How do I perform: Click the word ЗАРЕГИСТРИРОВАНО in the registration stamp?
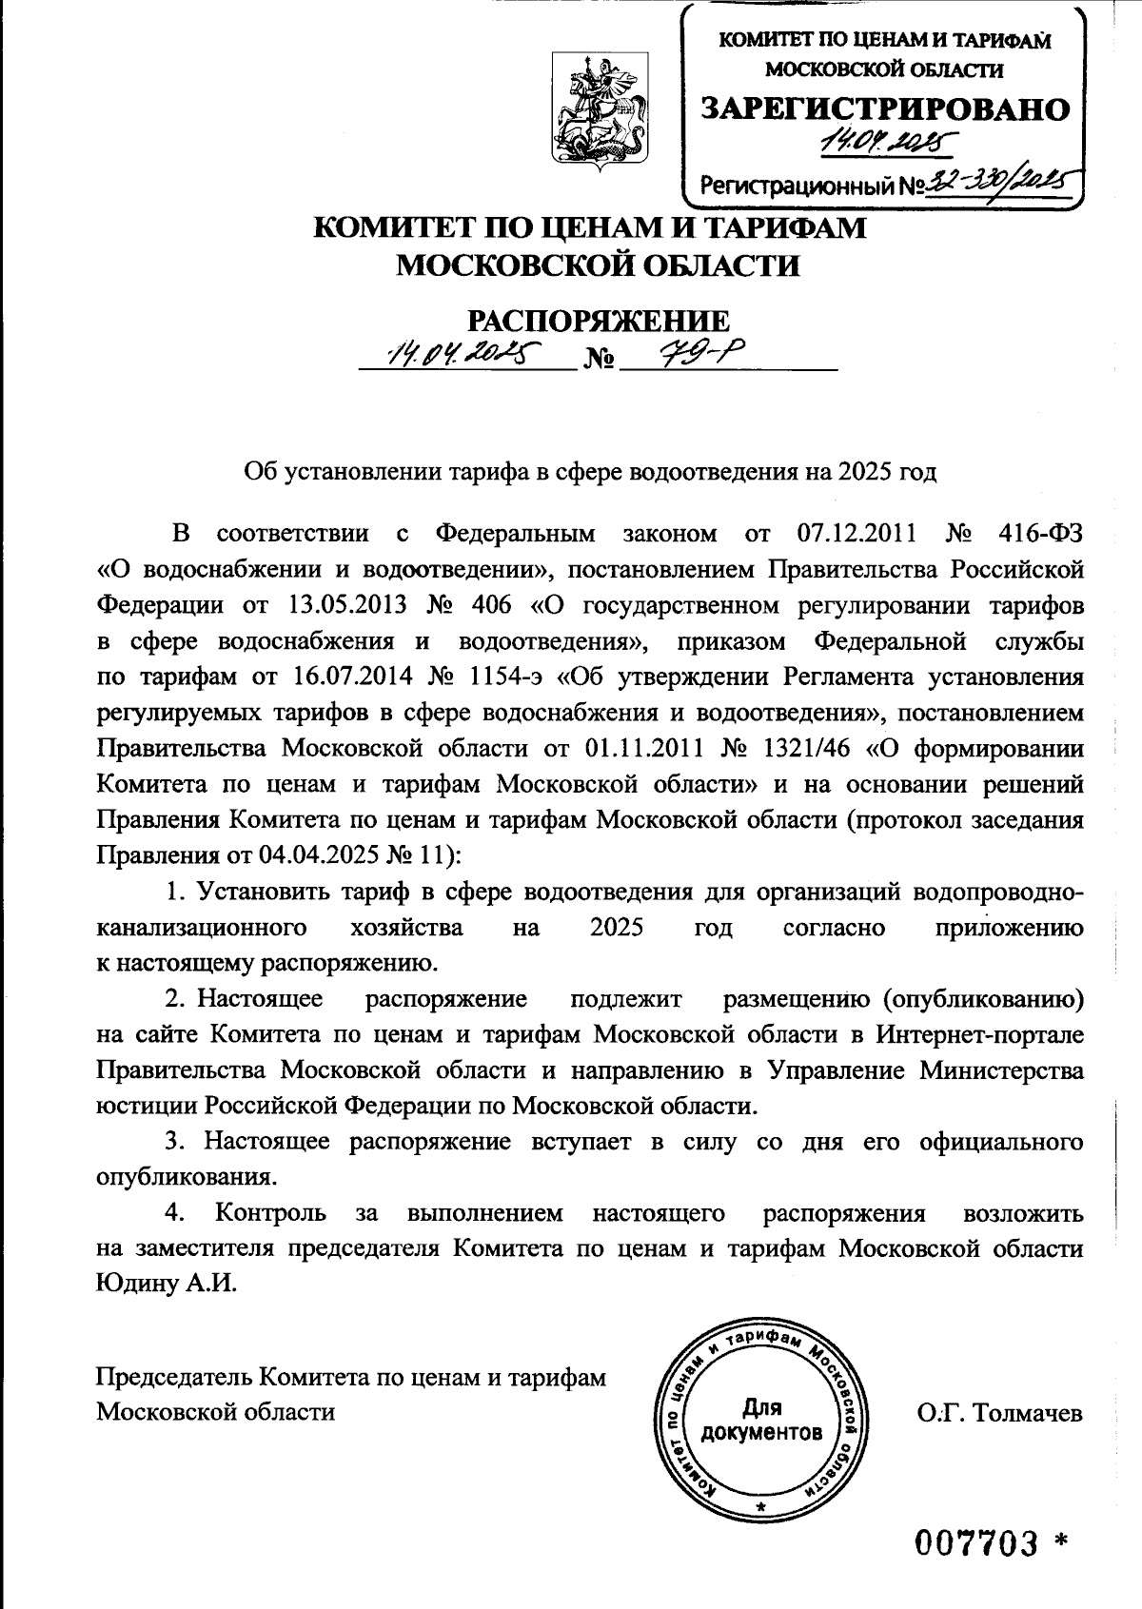[885, 108]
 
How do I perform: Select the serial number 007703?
[975, 1543]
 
